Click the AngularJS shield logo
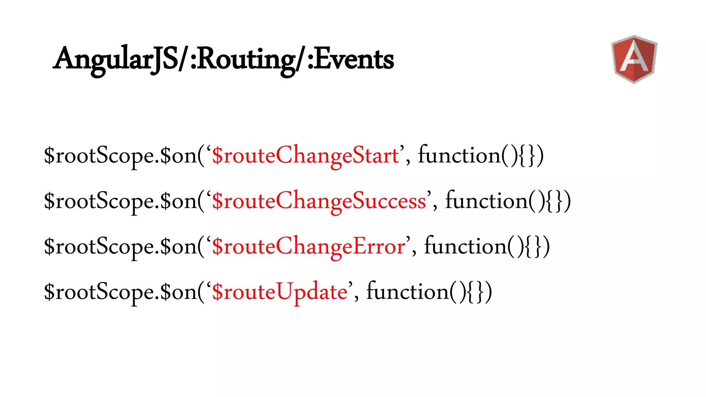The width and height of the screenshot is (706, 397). (x=634, y=59)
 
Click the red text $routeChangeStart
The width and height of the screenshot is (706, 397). (x=305, y=155)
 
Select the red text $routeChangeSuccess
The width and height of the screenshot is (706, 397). (x=319, y=201)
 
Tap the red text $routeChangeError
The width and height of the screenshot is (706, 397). (x=309, y=246)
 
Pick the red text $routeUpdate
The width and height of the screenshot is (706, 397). (x=280, y=292)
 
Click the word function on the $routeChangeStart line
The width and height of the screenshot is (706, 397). (x=459, y=155)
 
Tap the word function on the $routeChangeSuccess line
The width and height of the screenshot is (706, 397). (x=486, y=201)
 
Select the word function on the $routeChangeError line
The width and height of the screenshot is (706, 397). (x=465, y=246)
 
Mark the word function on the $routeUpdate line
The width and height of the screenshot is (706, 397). (x=407, y=292)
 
